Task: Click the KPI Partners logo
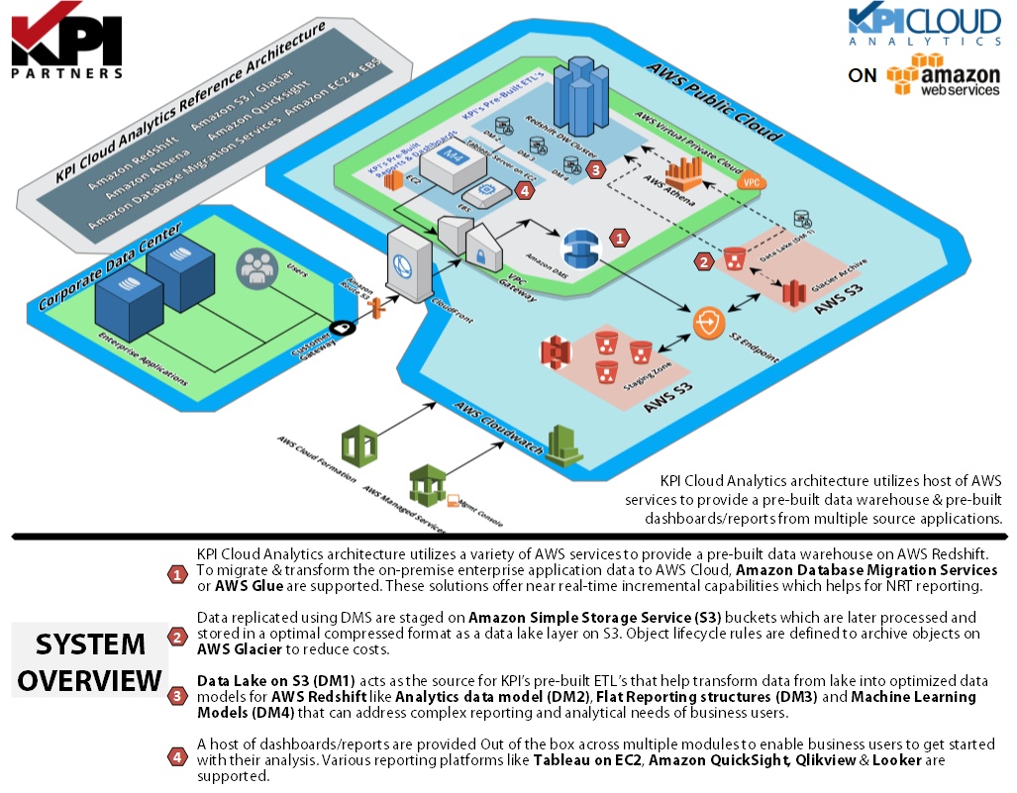pyautogui.click(x=67, y=45)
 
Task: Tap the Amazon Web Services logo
pyautogui.click(x=943, y=75)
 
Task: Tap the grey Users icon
pyautogui.click(x=255, y=267)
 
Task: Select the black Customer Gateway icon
pyautogui.click(x=342, y=327)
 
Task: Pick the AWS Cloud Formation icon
pyautogui.click(x=358, y=445)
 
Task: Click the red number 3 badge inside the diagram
pyautogui.click(x=595, y=169)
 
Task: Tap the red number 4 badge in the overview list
pyautogui.click(x=177, y=757)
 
